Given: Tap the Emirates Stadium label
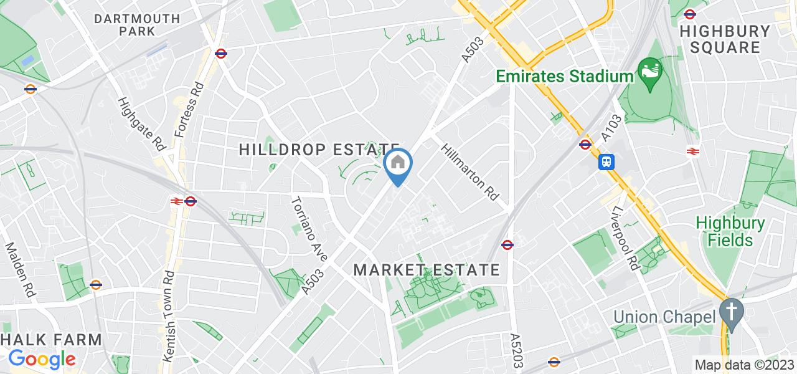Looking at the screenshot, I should pos(564,76).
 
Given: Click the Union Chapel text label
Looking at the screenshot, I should pos(664,316).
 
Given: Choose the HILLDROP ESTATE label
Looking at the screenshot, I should pos(319,150).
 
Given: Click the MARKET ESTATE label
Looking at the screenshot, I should pos(427,270).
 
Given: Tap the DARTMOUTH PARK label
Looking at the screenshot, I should pos(137,25).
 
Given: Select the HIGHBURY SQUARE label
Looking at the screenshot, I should pos(725,39).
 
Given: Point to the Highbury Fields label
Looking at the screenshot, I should pos(730,231).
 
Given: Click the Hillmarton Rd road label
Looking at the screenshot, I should pos(470,172).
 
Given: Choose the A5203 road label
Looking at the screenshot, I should pos(516,350).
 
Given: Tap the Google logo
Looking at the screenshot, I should pos(42,359).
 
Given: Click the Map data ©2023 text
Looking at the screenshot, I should pos(744,365).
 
